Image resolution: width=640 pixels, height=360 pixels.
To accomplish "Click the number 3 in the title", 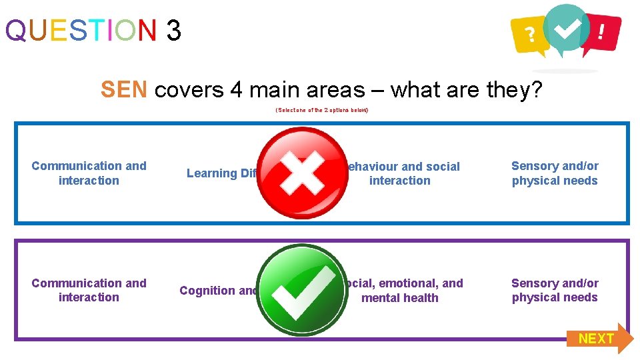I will (x=173, y=30).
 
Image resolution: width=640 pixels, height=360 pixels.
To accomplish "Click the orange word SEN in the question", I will (x=124, y=89).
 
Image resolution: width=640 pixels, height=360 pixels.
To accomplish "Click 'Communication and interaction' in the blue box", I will (x=89, y=173).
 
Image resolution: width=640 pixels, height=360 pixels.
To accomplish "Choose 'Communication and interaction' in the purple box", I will (x=89, y=291).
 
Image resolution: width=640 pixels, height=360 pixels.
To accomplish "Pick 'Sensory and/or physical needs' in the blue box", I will (x=555, y=173).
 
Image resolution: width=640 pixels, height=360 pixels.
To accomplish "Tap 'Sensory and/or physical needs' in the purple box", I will (x=555, y=291).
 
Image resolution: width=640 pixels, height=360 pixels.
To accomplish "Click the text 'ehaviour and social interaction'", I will (x=401, y=173).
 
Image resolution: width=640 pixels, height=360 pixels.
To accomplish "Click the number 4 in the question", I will (x=237, y=89).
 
